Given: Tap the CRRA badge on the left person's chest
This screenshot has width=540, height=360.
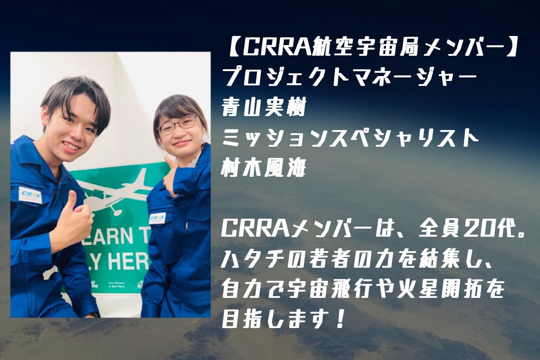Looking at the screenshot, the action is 31,194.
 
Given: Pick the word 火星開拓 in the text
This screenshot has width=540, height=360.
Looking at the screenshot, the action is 451,291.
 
